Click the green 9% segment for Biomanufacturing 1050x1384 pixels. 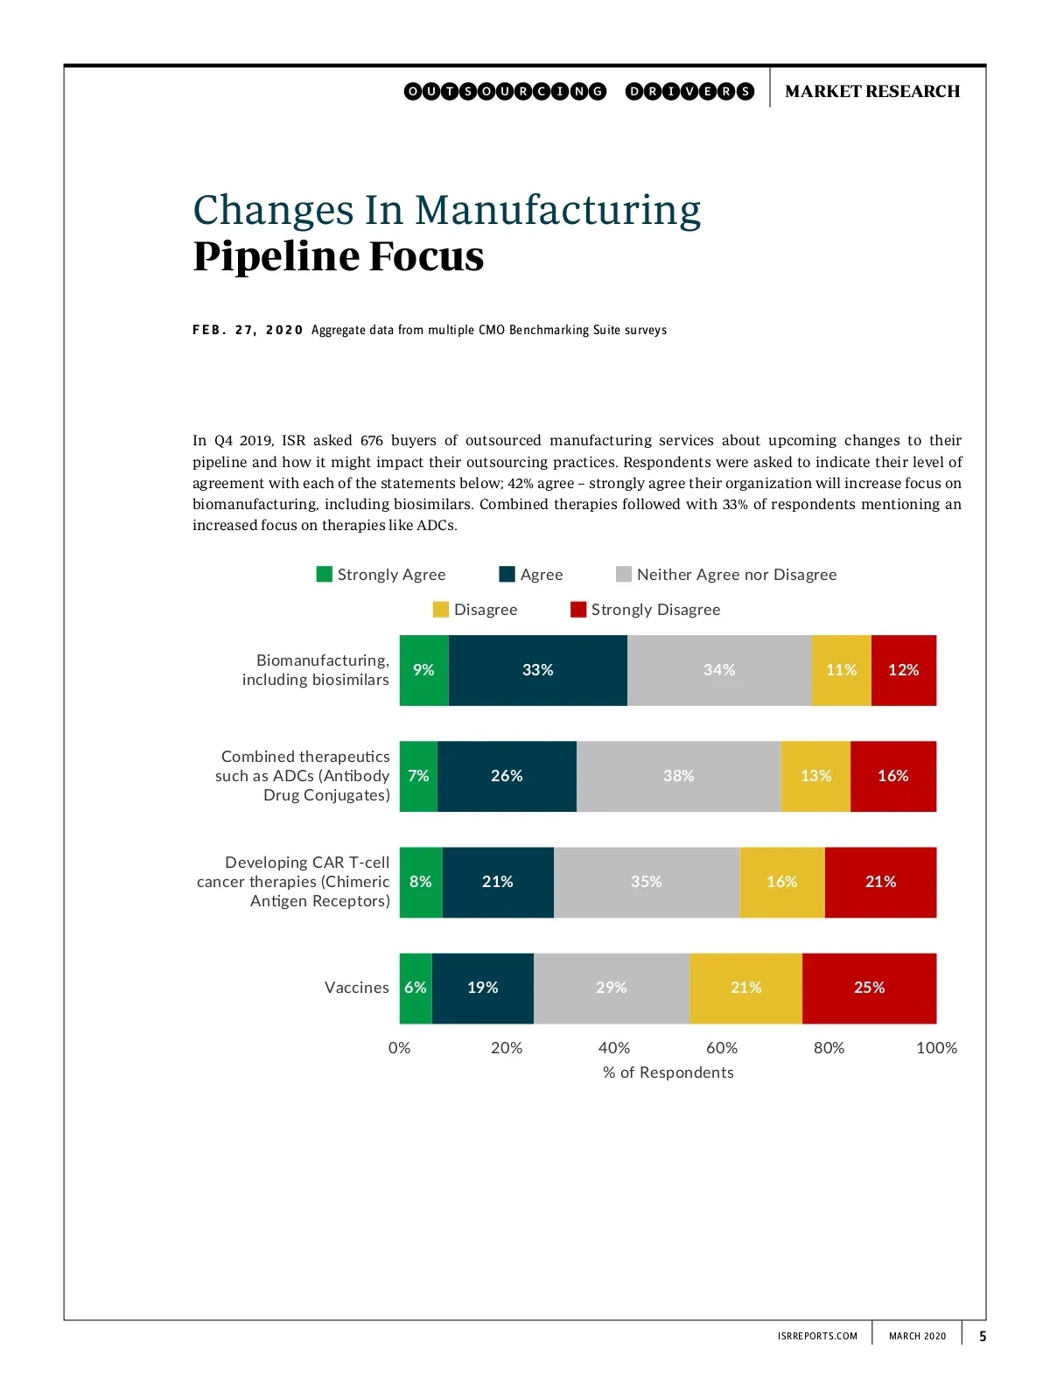point(423,670)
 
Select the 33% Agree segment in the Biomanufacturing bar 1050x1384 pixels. point(537,670)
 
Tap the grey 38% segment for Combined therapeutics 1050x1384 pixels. point(678,776)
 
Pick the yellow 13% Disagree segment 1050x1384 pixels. point(815,776)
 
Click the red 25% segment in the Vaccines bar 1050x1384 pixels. point(869,988)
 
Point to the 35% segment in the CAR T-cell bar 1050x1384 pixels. point(646,882)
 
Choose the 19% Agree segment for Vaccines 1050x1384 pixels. point(482,988)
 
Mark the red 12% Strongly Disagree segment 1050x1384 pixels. point(903,670)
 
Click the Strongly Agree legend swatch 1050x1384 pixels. point(325,574)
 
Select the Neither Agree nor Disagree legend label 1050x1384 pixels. point(736,575)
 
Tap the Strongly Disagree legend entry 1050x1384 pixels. point(654,610)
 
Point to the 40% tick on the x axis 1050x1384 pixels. point(613,1047)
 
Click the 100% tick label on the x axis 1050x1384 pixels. point(935,1047)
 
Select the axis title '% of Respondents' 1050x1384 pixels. point(668,1073)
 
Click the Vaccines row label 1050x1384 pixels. point(356,988)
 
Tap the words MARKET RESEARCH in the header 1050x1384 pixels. point(871,91)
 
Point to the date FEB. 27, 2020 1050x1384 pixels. point(248,330)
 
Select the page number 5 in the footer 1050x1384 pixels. point(983,1336)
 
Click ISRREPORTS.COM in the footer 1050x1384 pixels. point(816,1336)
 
